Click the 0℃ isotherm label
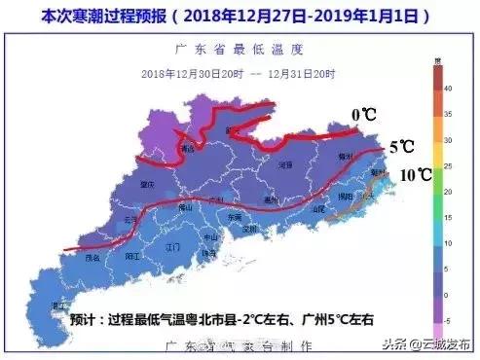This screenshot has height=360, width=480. pyautogui.click(x=365, y=116)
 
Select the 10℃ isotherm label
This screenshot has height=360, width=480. pyautogui.click(x=416, y=176)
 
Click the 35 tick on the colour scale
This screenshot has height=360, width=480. pyautogui.click(x=447, y=114)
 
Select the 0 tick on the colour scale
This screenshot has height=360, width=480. pyautogui.click(x=447, y=293)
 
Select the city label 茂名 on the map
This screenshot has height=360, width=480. pyautogui.click(x=92, y=258)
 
